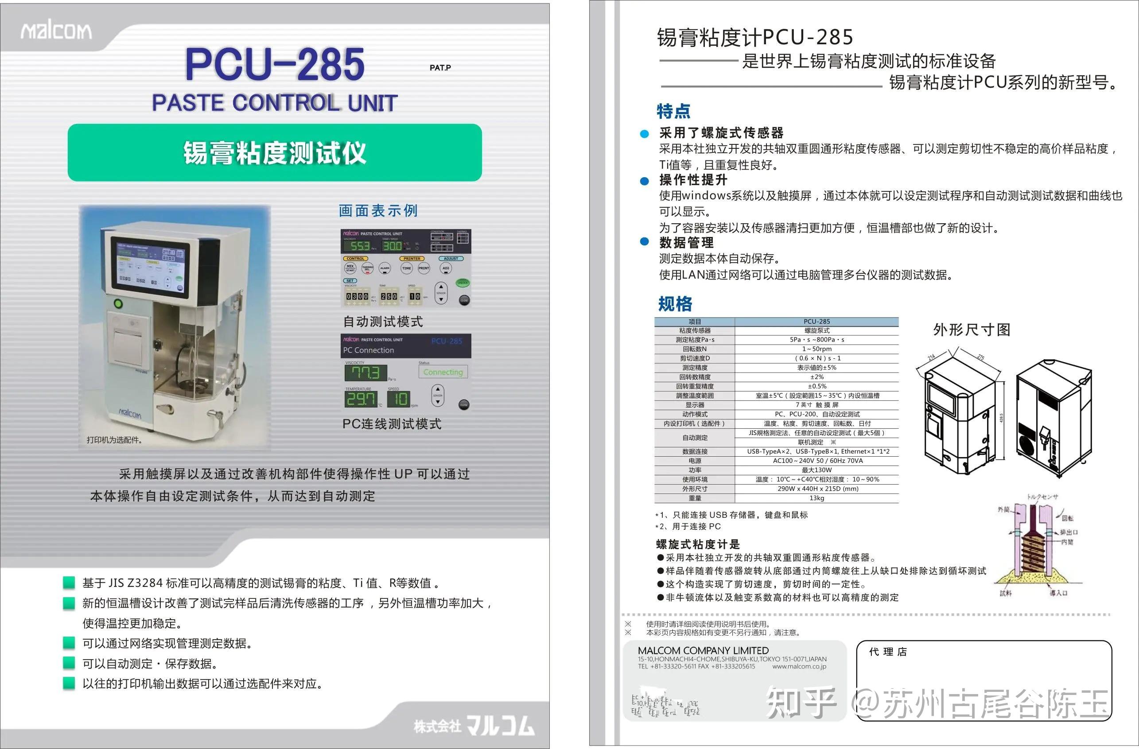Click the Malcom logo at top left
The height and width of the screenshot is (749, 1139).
click(56, 31)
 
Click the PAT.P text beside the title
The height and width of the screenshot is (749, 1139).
click(440, 67)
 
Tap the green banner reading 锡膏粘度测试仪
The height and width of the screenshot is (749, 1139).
click(275, 153)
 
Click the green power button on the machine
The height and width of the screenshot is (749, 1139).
click(118, 303)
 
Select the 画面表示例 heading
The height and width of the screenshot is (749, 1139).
click(378, 210)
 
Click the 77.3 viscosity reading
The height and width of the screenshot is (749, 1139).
click(365, 373)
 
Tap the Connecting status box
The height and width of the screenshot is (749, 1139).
click(443, 372)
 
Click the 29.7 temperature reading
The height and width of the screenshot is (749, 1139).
click(361, 399)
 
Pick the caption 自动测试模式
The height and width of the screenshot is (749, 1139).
click(383, 321)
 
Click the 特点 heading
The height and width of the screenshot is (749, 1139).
click(673, 111)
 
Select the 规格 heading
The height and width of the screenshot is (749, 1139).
click(675, 304)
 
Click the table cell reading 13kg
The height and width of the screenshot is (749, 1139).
click(816, 498)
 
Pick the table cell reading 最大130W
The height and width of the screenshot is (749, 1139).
click(816, 470)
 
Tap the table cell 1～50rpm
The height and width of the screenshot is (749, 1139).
click(816, 349)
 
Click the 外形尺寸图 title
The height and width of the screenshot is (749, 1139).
click(972, 329)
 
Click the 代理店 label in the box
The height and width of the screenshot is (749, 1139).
click(888, 652)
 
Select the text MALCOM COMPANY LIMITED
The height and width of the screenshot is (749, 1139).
click(703, 650)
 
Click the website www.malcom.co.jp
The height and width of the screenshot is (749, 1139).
click(799, 666)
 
